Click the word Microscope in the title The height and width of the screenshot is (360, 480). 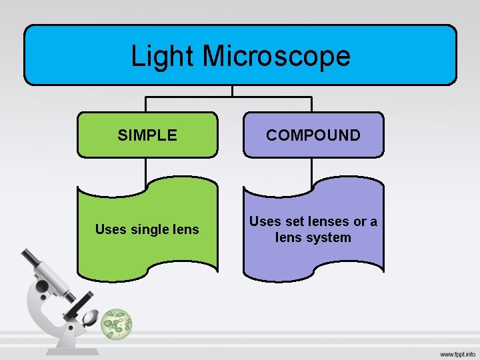(276, 56)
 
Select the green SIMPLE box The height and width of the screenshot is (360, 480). (147, 135)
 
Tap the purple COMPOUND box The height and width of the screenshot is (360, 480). (313, 135)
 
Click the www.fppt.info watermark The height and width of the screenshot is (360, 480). (457, 355)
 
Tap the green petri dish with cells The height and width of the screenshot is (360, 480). (117, 325)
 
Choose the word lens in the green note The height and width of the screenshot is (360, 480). (185, 230)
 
